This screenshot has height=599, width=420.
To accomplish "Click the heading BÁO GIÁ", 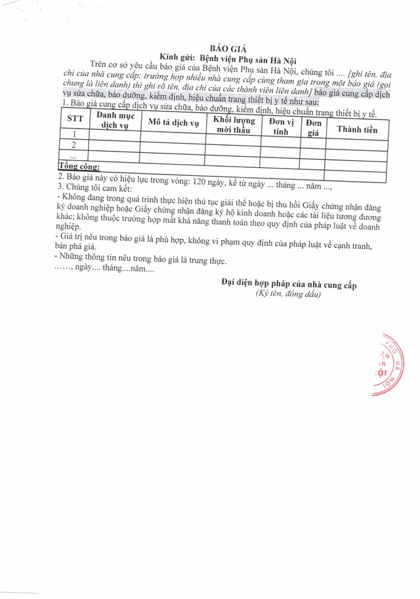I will (222, 49).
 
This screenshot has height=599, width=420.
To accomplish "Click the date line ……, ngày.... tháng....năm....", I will (103, 269).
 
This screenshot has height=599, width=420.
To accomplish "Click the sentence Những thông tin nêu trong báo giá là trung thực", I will (141, 258).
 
